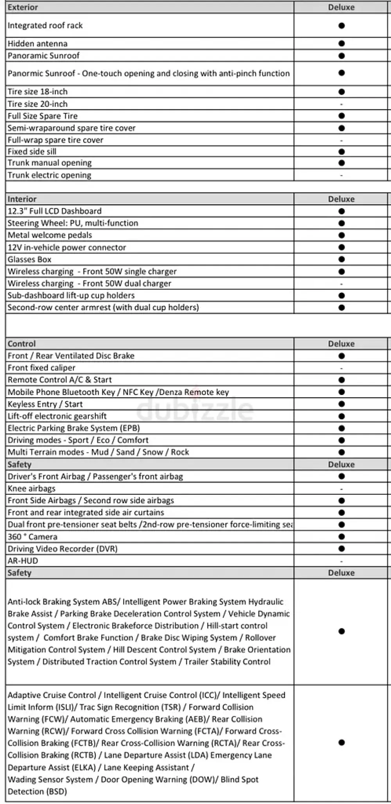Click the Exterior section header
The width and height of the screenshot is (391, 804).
pos(23,7)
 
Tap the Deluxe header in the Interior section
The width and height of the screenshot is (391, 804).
pos(341,199)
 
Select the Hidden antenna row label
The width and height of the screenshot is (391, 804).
pos(38,44)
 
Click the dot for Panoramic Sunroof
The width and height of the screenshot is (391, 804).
pos(341,56)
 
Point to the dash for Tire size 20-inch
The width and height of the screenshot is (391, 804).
pos(341,104)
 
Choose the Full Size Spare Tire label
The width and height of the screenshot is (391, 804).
pos(43,116)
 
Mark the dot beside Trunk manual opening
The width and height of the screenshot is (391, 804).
pos(341,163)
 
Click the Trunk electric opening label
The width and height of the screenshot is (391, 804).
pos(49,175)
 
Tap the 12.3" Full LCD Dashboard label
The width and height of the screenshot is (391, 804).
pos(54,211)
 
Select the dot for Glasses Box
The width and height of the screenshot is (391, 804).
pos(341,259)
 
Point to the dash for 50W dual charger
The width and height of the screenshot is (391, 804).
pos(341,284)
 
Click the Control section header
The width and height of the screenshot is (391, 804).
pos(22,344)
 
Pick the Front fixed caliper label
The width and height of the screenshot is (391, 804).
pos(41,368)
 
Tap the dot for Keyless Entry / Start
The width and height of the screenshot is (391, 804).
pos(341,404)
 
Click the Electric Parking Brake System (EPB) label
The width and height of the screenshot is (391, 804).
pos(74,428)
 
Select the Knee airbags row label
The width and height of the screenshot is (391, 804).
pos(32,489)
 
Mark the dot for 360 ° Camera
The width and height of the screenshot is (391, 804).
pos(341,537)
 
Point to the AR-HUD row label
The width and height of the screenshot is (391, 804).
pos(23,561)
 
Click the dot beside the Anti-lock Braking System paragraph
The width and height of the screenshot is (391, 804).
pos(341,631)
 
